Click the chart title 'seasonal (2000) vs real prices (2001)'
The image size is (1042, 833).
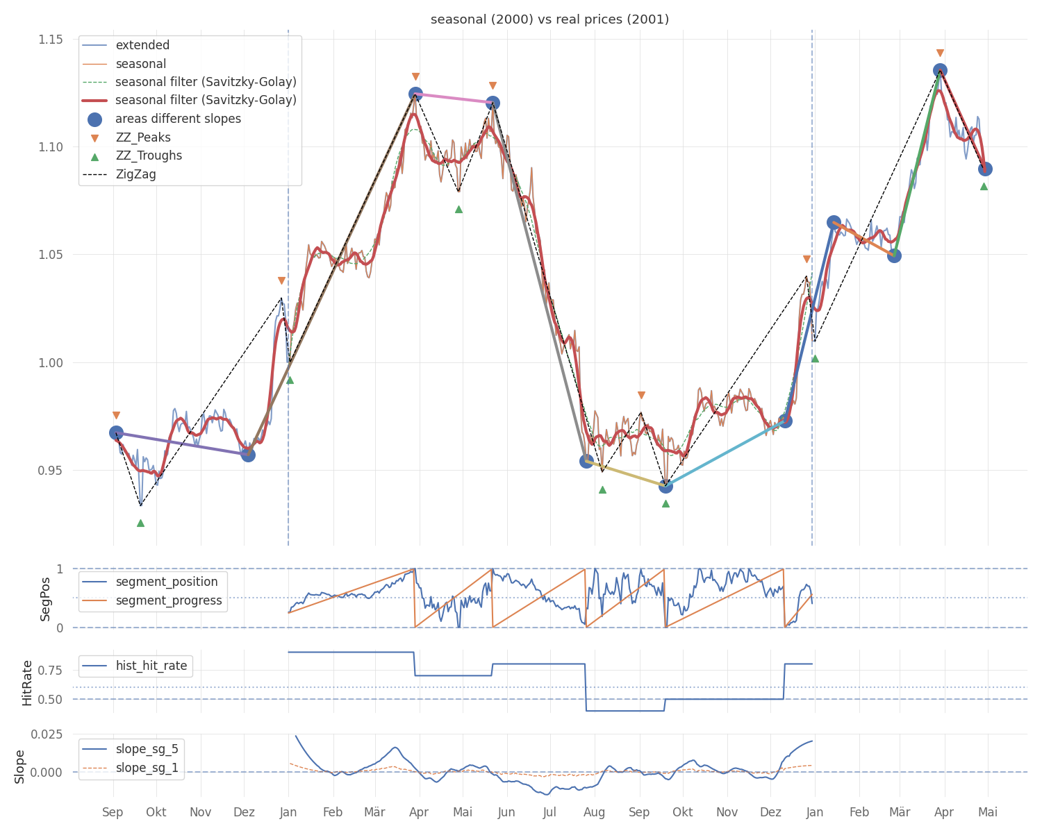pyautogui.click(x=549, y=19)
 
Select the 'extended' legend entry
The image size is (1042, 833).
pyautogui.click(x=142, y=46)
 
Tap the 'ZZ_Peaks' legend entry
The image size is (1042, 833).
pyautogui.click(x=143, y=137)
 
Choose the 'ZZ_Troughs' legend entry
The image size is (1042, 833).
pyautogui.click(x=149, y=156)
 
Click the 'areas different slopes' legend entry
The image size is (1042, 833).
pyautogui.click(x=178, y=119)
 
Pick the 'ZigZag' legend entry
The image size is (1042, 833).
pyautogui.click(x=136, y=174)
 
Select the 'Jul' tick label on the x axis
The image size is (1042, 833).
pyautogui.click(x=549, y=812)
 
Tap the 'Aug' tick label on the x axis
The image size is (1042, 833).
pyautogui.click(x=594, y=812)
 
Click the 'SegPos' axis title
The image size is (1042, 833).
pyautogui.click(x=46, y=598)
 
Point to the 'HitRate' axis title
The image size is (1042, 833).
pyautogui.click(x=28, y=682)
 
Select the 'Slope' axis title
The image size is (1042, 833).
pyautogui.click(x=20, y=766)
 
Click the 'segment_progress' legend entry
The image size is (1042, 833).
pyautogui.click(x=169, y=601)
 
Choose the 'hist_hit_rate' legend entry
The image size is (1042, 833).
pyautogui.click(x=151, y=666)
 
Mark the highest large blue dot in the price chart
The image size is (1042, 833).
pyautogui.click(x=940, y=71)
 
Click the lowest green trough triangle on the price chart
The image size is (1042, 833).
pyautogui.click(x=140, y=523)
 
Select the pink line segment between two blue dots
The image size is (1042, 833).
pyautogui.click(x=454, y=99)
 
